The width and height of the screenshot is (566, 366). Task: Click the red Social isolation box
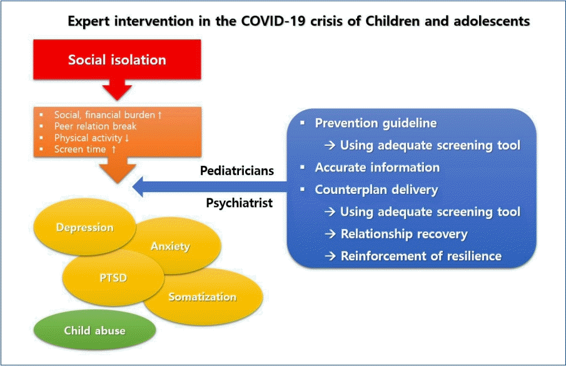117,59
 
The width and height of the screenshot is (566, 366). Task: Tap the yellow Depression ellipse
84,227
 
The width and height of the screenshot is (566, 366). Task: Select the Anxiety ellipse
177,246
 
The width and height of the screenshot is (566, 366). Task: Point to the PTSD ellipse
113,278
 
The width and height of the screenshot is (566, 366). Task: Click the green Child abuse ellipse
94,330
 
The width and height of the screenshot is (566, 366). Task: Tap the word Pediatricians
237,170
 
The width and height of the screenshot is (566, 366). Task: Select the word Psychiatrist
240,203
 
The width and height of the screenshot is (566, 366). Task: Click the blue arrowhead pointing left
138,186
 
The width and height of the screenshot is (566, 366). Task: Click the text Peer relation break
95,126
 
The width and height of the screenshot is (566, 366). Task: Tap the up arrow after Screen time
114,149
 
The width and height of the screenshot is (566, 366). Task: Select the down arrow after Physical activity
127,138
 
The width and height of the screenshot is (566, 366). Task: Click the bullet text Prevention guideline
376,123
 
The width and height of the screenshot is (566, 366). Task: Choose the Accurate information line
377,167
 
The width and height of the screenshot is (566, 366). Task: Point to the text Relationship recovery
404,234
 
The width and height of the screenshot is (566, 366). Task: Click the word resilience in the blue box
474,256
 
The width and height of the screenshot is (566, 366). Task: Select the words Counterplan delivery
376,190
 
